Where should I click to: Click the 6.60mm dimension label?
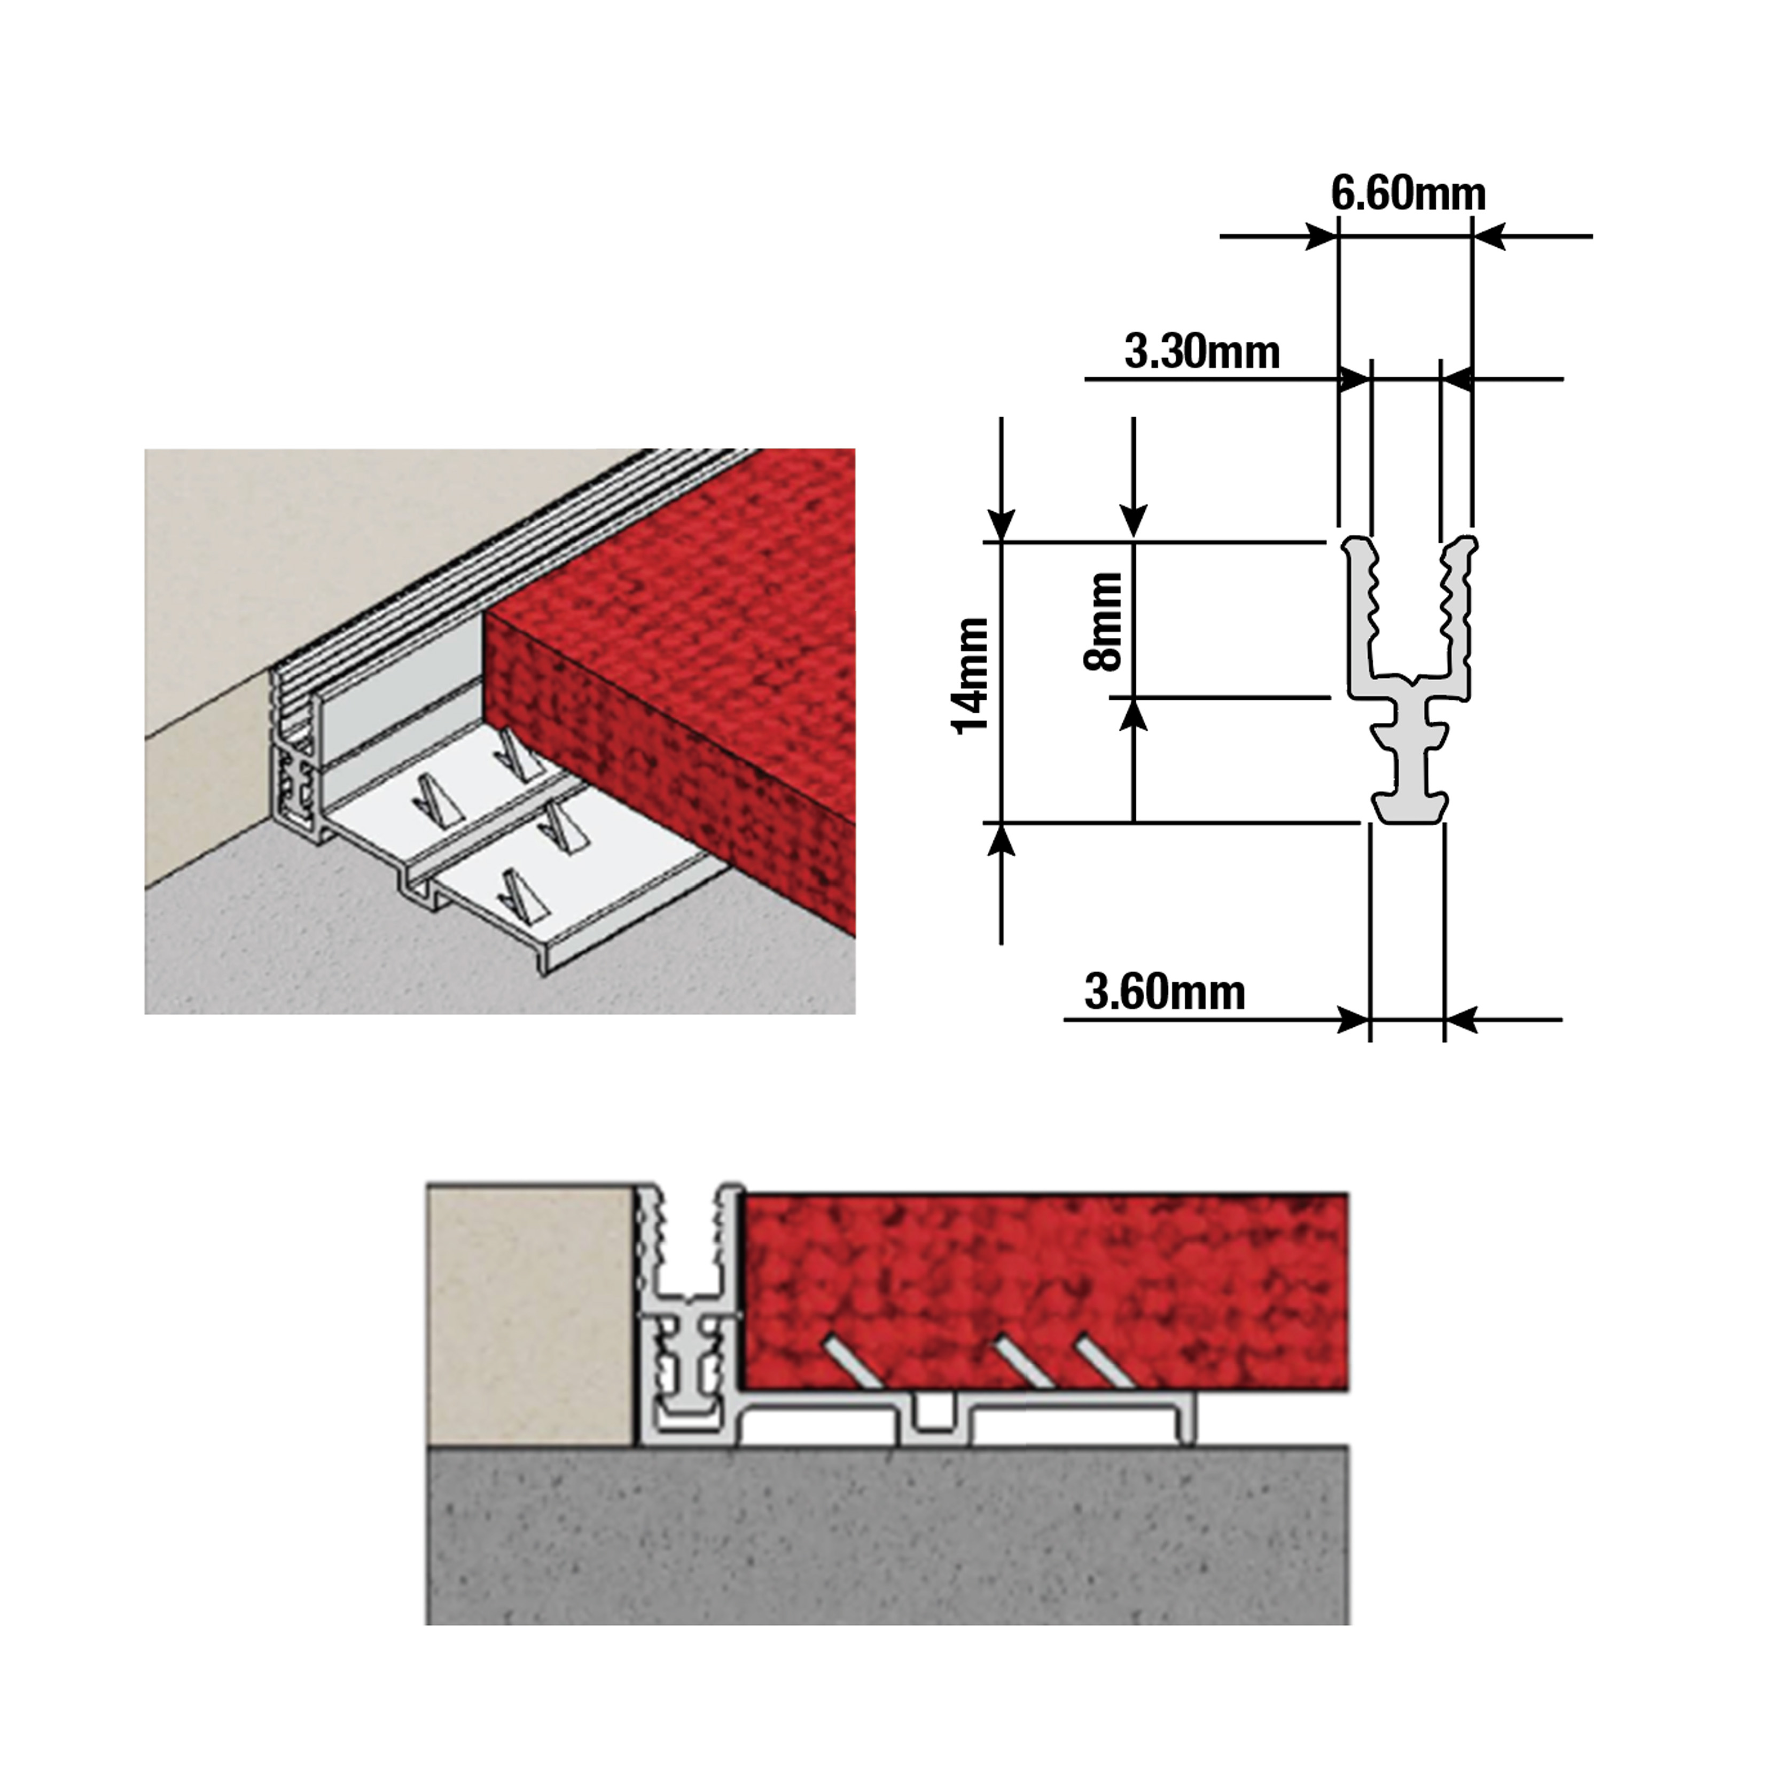pyautogui.click(x=1408, y=193)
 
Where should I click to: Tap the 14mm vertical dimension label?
pyautogui.click(x=971, y=676)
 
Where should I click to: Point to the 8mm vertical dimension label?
pyautogui.click(x=1104, y=620)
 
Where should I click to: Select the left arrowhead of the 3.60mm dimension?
pyautogui.click(x=1353, y=1020)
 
